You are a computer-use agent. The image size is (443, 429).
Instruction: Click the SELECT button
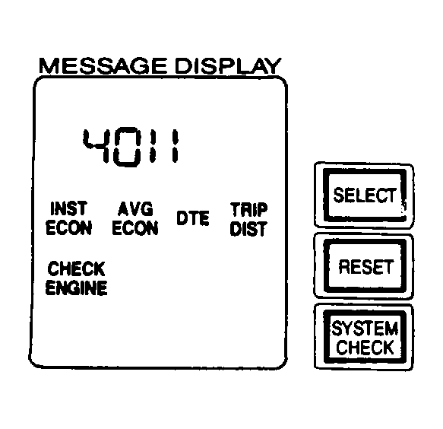[364, 195]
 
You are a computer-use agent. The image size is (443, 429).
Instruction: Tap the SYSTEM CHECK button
[364, 337]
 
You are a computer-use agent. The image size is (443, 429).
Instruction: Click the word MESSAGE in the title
[103, 65]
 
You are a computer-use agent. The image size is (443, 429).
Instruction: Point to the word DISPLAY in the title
[228, 65]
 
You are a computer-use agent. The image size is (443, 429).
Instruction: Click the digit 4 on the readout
[96, 145]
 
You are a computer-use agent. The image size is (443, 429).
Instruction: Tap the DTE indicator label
[193, 218]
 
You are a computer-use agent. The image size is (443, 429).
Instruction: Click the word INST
[68, 208]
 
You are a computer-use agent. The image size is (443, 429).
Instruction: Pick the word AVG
[135, 208]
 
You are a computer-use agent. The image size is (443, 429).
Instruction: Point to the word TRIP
[248, 209]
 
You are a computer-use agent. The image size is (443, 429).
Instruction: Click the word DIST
[248, 229]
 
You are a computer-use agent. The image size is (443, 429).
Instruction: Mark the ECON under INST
[68, 227]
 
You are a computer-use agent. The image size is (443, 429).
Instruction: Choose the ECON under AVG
[135, 227]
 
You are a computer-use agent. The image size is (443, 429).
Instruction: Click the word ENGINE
[76, 288]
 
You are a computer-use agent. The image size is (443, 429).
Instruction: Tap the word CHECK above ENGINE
[76, 269]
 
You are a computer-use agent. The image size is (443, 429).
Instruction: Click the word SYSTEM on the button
[365, 329]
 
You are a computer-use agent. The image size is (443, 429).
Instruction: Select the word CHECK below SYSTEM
[365, 347]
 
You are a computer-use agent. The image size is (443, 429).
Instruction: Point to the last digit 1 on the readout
[176, 145]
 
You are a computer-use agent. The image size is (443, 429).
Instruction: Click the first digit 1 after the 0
[153, 145]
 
